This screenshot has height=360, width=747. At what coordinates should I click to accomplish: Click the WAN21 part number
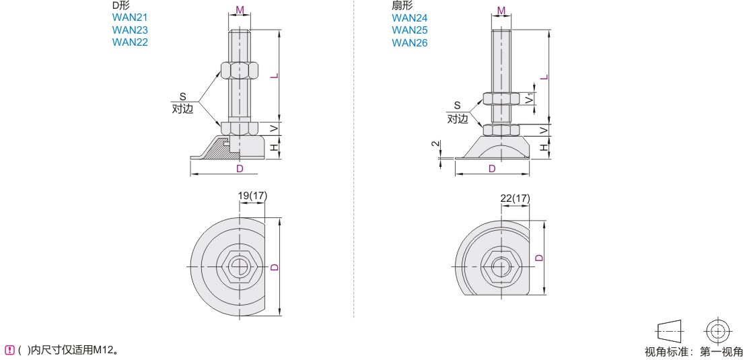[130, 17]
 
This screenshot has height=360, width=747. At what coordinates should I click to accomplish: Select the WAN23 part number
[130, 30]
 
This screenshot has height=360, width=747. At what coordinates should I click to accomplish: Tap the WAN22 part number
[130, 42]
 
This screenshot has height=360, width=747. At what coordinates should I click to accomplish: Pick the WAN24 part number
[410, 18]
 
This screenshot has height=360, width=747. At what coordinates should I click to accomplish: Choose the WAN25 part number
[410, 30]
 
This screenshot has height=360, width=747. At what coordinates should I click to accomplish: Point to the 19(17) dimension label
[252, 196]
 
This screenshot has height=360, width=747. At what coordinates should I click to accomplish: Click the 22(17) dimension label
[515, 198]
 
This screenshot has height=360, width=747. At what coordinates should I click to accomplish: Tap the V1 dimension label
[529, 98]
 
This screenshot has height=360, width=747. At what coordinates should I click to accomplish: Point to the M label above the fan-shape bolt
[501, 10]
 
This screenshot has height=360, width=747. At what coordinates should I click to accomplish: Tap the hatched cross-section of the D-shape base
[219, 149]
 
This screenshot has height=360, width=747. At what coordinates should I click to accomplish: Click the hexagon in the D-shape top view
[240, 266]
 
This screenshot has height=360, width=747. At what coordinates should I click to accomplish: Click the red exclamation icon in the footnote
[7, 351]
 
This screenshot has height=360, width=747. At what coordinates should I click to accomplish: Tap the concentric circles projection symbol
[715, 331]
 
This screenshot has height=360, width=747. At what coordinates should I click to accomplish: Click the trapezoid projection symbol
[670, 331]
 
